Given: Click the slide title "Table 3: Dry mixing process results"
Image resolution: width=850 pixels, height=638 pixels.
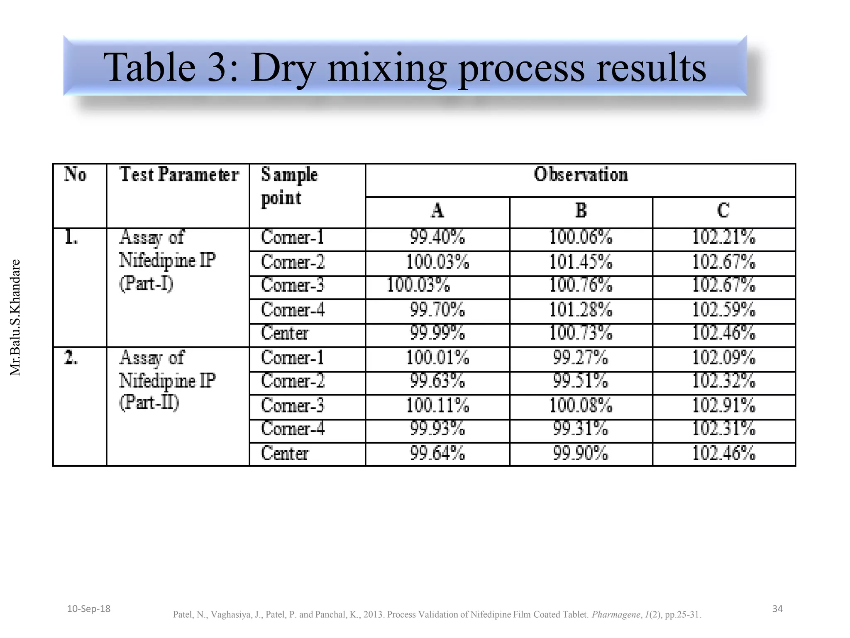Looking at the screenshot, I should [404, 67].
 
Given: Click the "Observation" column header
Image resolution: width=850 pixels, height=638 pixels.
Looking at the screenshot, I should [580, 175].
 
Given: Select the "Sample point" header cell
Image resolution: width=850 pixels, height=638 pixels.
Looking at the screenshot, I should [289, 186].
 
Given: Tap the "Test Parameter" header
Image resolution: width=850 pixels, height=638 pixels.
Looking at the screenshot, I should [179, 175].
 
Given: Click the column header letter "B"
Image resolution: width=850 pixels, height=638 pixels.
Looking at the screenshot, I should [581, 211].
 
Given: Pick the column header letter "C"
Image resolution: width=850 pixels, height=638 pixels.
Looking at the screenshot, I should [723, 211].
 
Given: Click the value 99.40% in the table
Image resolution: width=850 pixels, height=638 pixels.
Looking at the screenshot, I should [437, 237].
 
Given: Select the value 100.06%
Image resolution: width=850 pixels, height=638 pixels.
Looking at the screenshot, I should [580, 237].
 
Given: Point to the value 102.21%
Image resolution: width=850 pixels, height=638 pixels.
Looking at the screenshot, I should [723, 237].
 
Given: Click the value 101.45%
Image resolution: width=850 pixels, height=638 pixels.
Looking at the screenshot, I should [580, 262].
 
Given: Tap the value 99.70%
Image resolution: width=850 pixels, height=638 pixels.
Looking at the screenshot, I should [437, 310].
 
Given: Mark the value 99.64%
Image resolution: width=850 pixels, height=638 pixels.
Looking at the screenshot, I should [437, 453].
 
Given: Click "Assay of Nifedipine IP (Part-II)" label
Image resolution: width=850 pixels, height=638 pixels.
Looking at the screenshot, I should [167, 380].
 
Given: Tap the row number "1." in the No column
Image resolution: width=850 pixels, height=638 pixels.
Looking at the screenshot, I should [71, 238].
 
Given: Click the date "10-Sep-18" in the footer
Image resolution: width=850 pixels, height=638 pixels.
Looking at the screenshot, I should [89, 609].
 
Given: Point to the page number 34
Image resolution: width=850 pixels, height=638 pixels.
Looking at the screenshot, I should [777, 609].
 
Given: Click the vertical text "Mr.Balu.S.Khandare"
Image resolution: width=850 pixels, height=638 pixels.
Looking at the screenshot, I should [15, 317].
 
